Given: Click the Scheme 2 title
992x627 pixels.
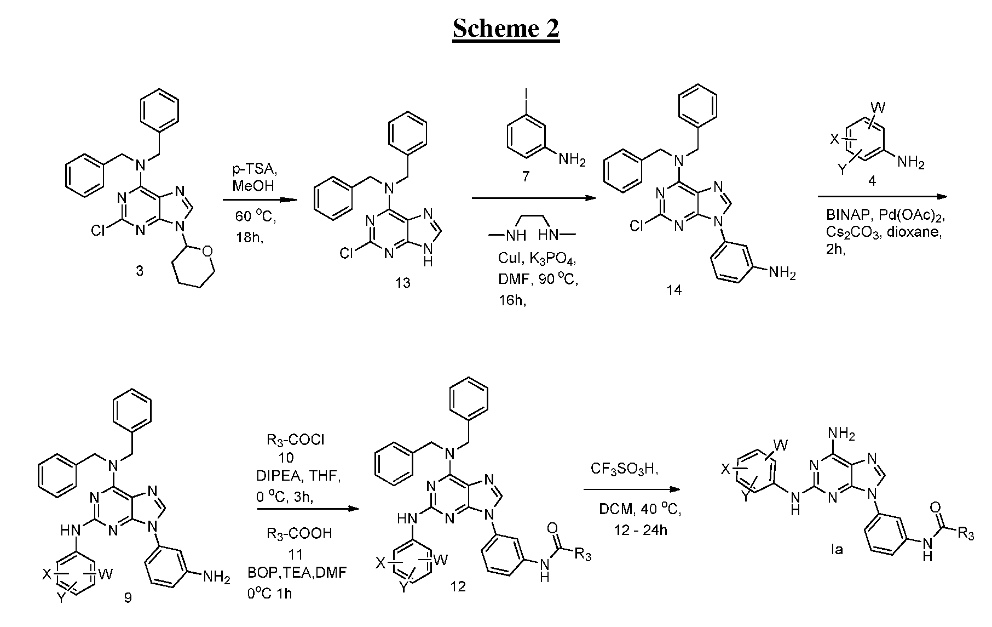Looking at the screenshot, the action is [x=506, y=28].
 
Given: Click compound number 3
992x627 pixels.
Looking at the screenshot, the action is [x=140, y=271].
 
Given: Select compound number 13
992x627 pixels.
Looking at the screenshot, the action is [x=403, y=283].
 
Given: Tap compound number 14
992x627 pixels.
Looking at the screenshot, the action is [x=674, y=290].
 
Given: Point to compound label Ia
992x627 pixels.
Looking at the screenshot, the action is [x=837, y=549].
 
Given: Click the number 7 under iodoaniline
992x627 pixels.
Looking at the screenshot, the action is [x=526, y=177].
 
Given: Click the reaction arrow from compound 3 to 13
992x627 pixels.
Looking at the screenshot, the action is [x=260, y=200].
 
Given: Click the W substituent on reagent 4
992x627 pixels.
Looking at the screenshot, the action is [x=881, y=106].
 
